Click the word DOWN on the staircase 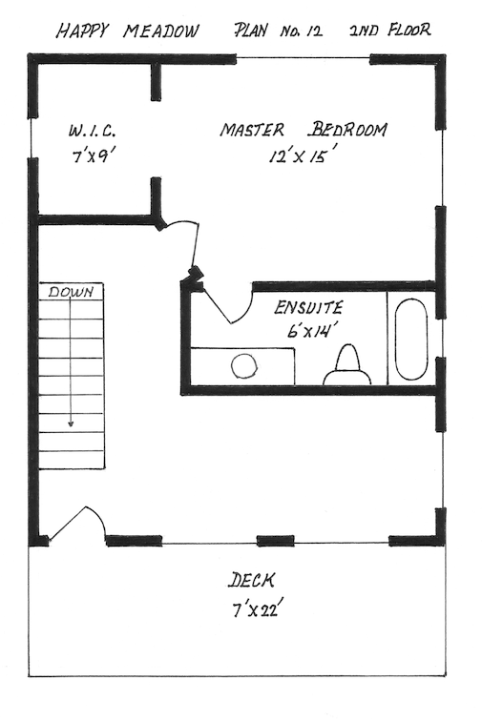tap(71, 292)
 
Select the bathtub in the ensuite tap(410, 340)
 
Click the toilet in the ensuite tap(347, 364)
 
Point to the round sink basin tap(243, 367)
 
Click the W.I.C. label tap(93, 132)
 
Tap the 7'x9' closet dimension tap(93, 156)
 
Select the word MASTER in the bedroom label tap(252, 130)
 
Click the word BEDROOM tap(347, 130)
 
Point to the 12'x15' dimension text tap(300, 156)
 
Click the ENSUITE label tap(308, 307)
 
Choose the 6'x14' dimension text tap(309, 330)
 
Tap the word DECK tap(252, 580)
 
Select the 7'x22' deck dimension tap(255, 610)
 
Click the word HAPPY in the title tap(82, 31)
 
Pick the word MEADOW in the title tap(161, 31)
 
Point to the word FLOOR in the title tap(409, 30)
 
